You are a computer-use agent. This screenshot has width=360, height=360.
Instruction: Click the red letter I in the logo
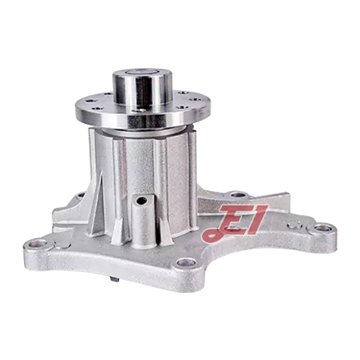[256, 219]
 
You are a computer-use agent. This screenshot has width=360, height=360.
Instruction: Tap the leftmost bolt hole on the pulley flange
[88, 102]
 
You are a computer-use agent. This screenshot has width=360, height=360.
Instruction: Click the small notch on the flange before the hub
[139, 110]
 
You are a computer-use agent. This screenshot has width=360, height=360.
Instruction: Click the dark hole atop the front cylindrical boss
[142, 200]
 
